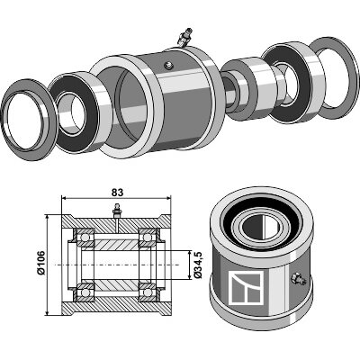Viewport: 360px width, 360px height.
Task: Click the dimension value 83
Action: pyautogui.click(x=117, y=193)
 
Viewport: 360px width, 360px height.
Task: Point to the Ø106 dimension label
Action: pyautogui.click(x=40, y=263)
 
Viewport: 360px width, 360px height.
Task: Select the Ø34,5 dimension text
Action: pyautogui.click(x=198, y=265)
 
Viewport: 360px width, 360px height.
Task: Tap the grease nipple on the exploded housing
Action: pyautogui.click(x=184, y=37)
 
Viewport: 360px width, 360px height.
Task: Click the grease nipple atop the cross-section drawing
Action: pyautogui.click(x=116, y=211)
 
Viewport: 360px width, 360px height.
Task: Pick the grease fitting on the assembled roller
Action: pyautogui.click(x=298, y=278)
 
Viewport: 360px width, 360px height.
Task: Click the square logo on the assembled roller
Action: pyautogui.click(x=246, y=288)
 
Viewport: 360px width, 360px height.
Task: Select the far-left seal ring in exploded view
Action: pyautogui.click(x=26, y=120)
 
